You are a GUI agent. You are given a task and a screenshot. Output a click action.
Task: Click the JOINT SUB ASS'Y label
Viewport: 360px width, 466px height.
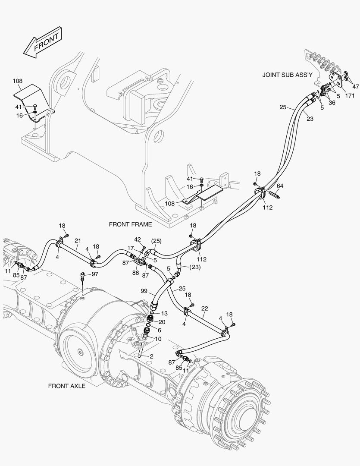287,75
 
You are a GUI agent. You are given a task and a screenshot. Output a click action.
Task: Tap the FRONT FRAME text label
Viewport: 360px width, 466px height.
130,224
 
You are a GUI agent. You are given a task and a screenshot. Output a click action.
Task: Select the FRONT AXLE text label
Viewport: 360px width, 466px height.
67,386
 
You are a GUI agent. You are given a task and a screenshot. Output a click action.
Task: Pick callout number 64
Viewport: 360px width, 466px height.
280,186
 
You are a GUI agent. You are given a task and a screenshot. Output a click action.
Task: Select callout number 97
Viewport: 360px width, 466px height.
95,274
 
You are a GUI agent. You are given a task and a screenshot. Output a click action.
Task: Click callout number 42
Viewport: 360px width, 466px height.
138,239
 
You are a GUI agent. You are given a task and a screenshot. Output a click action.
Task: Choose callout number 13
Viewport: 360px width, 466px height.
164,313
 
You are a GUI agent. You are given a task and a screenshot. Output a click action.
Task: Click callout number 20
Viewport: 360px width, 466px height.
162,322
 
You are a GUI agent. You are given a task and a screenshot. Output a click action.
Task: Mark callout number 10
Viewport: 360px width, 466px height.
158,339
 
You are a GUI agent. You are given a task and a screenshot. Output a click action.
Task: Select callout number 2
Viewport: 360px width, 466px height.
151,356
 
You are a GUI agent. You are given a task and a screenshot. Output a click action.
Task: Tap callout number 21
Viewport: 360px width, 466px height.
78,240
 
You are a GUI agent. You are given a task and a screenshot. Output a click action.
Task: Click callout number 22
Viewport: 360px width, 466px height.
204,309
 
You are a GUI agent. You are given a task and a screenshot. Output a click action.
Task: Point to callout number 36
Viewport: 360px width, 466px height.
332,103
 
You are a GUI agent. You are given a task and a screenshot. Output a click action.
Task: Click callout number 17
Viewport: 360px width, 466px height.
131,248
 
